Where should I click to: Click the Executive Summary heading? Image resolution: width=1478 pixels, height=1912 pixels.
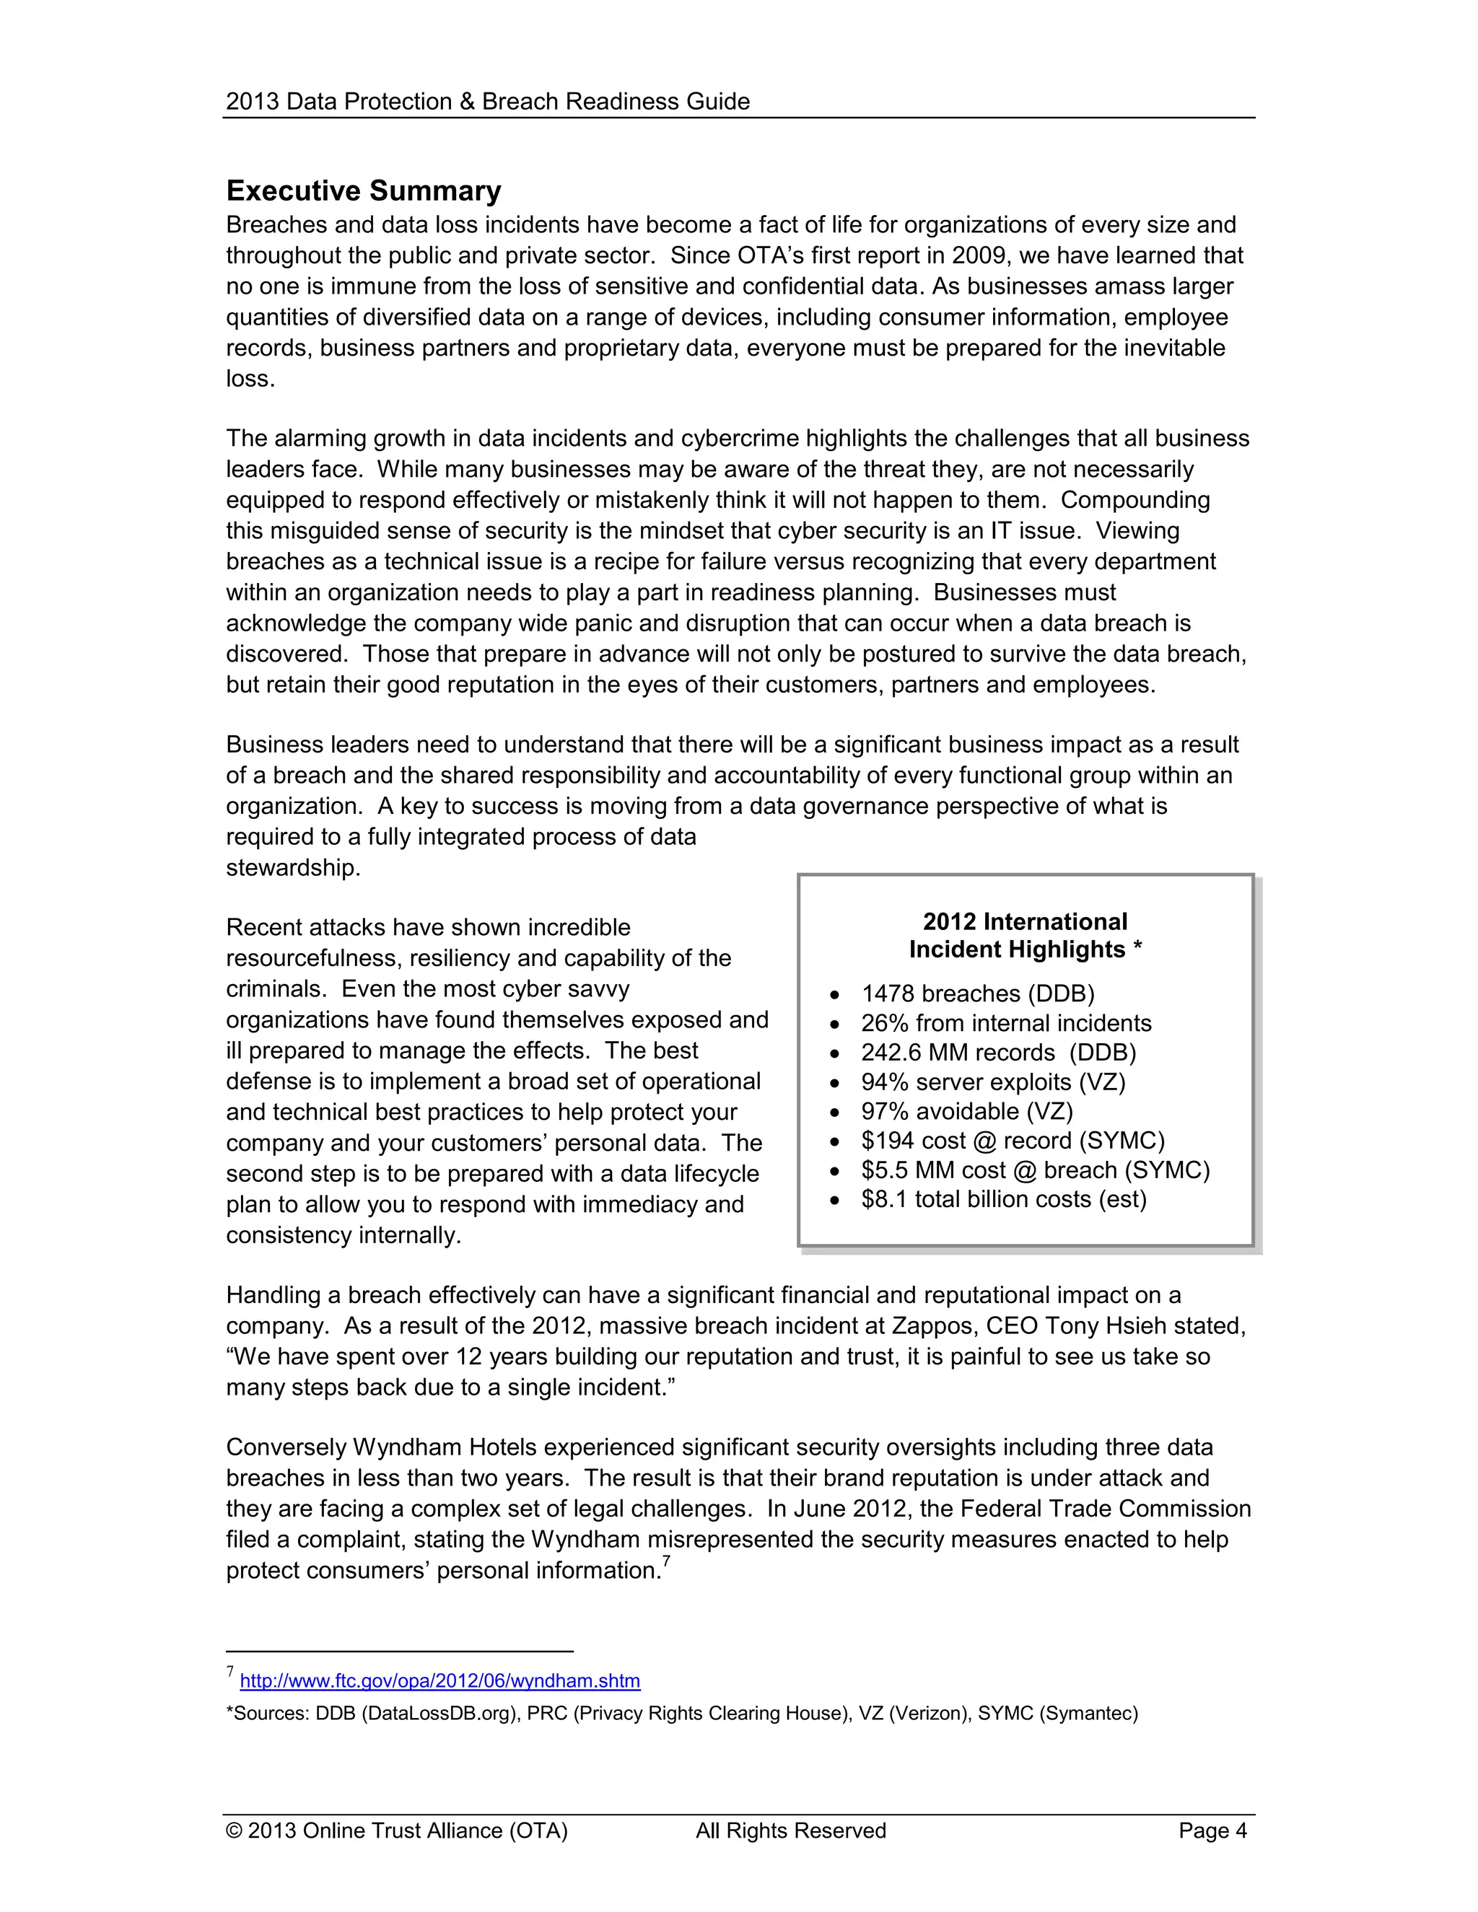point(364,191)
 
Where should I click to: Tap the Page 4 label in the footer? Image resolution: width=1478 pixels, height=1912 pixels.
point(1212,1830)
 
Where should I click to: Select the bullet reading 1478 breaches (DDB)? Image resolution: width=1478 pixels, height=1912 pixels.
point(977,994)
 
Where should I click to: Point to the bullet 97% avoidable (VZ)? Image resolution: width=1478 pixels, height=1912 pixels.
point(966,1111)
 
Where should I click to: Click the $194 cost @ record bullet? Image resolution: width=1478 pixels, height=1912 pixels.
point(1013,1141)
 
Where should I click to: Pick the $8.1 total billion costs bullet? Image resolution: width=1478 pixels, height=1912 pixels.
point(1003,1199)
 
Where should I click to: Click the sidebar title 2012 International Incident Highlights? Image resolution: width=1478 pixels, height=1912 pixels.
point(1025,935)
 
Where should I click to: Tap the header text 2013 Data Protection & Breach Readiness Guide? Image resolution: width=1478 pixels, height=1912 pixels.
point(488,102)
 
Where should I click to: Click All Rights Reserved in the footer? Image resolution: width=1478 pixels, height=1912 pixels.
point(791,1830)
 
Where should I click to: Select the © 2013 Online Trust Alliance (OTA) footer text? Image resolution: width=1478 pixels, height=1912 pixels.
point(397,1830)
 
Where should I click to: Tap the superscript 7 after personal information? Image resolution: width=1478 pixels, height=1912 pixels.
point(666,1561)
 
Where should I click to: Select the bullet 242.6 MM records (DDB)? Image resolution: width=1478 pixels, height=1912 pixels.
point(998,1052)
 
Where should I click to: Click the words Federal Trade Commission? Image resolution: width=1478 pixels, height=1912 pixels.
point(1106,1509)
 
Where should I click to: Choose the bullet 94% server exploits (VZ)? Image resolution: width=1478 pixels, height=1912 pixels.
point(993,1082)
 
